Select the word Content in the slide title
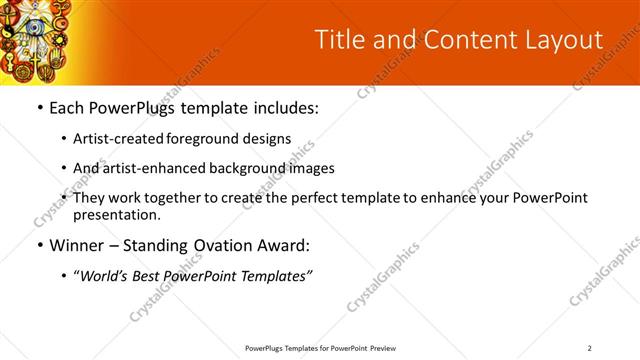(455, 40)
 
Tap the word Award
(283, 244)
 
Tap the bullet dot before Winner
(39, 244)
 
